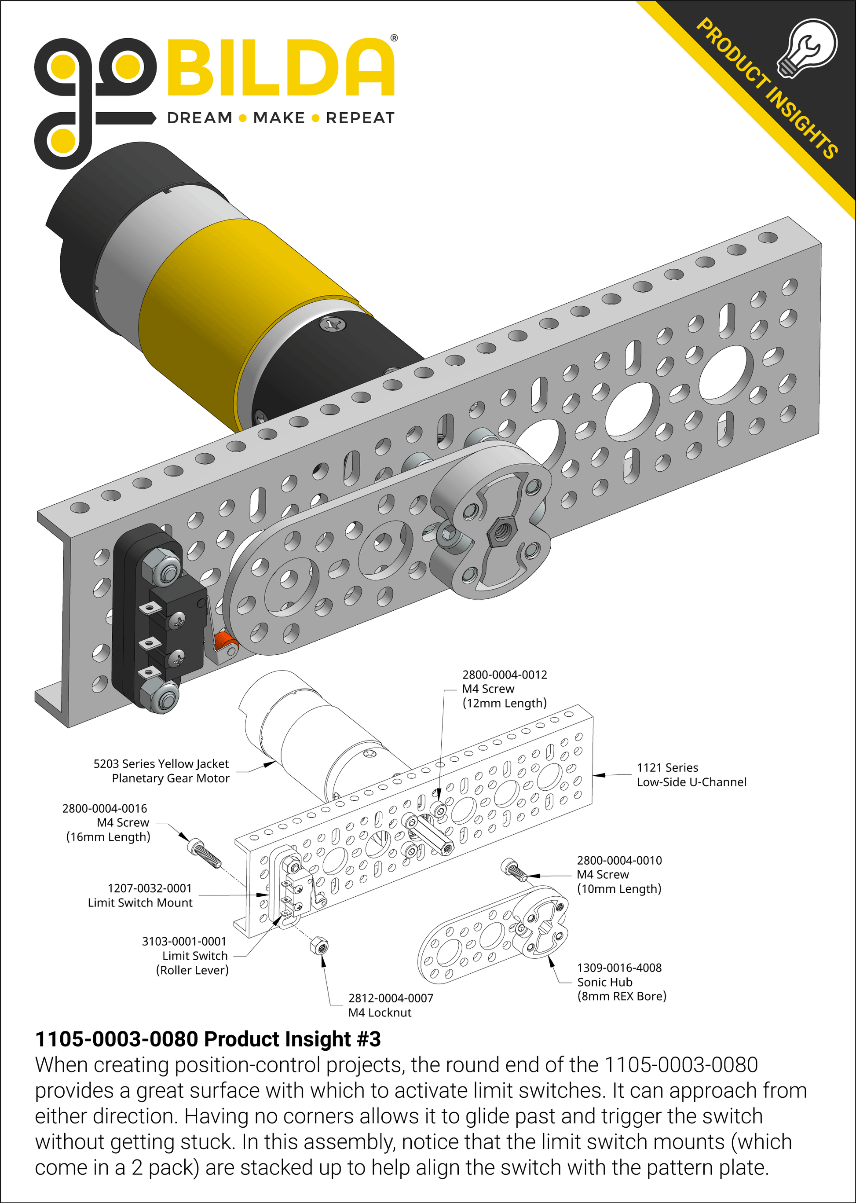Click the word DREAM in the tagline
pyautogui.click(x=199, y=118)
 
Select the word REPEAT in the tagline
pyautogui.click(x=360, y=118)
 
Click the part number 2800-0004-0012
pyautogui.click(x=505, y=675)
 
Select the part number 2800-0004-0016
pyautogui.click(x=104, y=809)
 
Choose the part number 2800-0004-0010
pyautogui.click(x=619, y=860)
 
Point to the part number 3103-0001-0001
pyautogui.click(x=184, y=942)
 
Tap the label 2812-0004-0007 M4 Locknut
pyautogui.click(x=390, y=1005)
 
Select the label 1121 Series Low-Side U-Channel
pyautogui.click(x=691, y=775)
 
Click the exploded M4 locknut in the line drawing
pyautogui.click(x=319, y=946)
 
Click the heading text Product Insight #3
pyautogui.click(x=292, y=1039)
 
